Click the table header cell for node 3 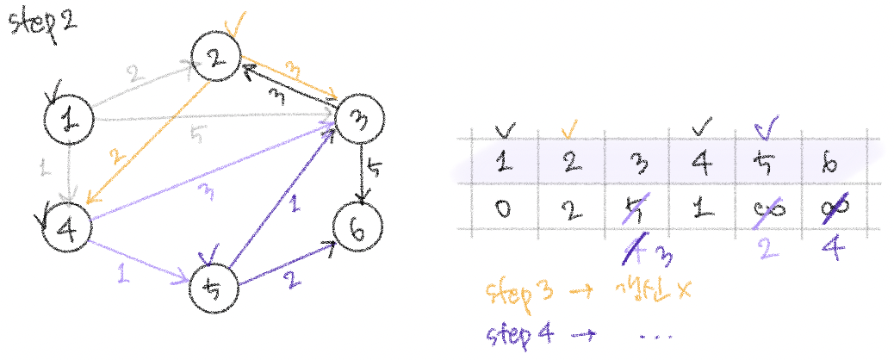pyautogui.click(x=638, y=163)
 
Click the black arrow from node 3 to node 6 pyautogui.click(x=363, y=177)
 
